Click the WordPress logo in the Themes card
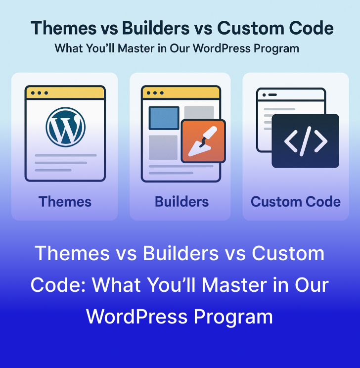65,126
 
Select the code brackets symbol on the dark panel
306,141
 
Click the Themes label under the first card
65,202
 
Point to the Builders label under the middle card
181,202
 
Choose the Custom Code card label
296,202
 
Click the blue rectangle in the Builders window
164,118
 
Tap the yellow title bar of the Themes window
65,92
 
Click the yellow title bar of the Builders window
181,92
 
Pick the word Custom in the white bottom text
288,254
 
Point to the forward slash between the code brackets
306,141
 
